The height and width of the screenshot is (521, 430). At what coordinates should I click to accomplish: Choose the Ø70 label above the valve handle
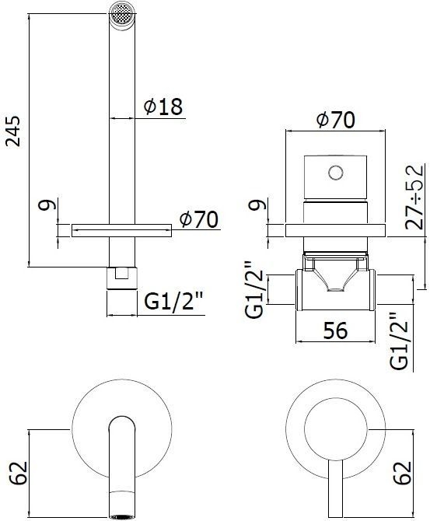click(335, 121)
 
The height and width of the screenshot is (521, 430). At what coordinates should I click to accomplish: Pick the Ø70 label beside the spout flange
click(198, 220)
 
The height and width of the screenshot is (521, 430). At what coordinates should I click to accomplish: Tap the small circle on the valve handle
click(336, 171)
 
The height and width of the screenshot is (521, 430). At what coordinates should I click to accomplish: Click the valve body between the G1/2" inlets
click(334, 289)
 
